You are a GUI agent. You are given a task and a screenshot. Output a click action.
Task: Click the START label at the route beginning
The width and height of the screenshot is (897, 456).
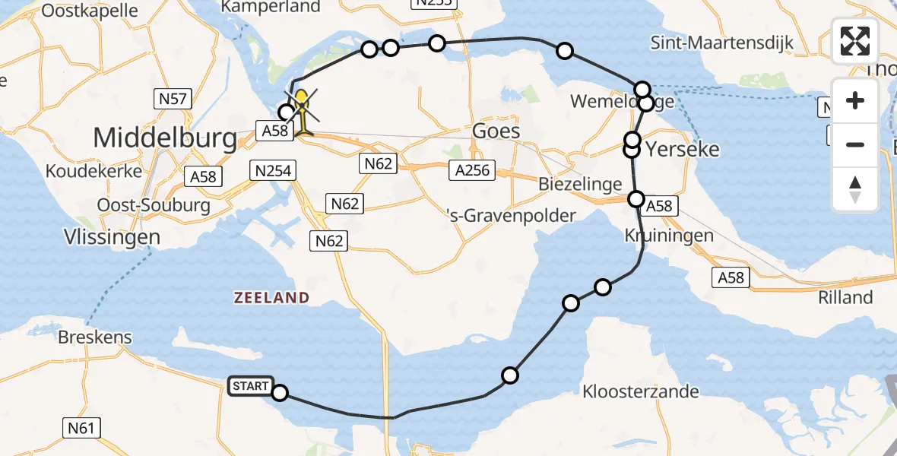[x=250, y=386]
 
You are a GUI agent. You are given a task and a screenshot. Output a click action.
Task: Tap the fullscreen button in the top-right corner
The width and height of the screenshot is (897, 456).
[x=855, y=41]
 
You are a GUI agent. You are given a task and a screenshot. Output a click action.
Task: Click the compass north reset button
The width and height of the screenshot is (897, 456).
[x=855, y=190]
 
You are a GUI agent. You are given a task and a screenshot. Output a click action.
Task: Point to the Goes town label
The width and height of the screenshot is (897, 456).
[x=496, y=131]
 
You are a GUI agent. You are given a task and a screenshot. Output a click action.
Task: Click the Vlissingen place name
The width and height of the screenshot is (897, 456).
[x=113, y=236]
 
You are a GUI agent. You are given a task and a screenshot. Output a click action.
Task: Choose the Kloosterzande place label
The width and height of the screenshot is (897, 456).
[x=640, y=392]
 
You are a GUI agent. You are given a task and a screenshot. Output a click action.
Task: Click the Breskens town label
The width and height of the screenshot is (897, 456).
[x=95, y=337]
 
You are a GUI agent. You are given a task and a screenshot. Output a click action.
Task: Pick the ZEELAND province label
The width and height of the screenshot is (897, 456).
[x=271, y=298]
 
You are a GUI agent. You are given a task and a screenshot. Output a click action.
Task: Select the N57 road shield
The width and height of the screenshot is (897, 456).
[x=173, y=98]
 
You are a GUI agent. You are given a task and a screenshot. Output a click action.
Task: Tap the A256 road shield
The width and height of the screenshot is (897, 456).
[x=471, y=170]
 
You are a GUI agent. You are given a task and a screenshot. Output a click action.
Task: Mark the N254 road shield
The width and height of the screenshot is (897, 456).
[x=272, y=171]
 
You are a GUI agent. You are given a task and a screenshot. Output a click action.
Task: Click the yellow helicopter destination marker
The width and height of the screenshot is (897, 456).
[x=303, y=111]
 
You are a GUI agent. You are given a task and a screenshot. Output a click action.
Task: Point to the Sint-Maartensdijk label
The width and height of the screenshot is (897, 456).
[x=721, y=43]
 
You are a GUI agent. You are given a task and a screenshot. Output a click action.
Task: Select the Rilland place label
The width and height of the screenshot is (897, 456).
[x=846, y=297]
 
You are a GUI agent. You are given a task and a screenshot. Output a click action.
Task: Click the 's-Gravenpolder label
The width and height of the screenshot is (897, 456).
[x=511, y=217]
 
